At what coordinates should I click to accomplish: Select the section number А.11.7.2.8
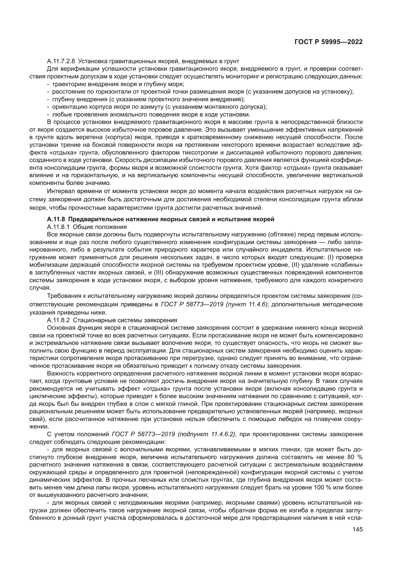(60, 61)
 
